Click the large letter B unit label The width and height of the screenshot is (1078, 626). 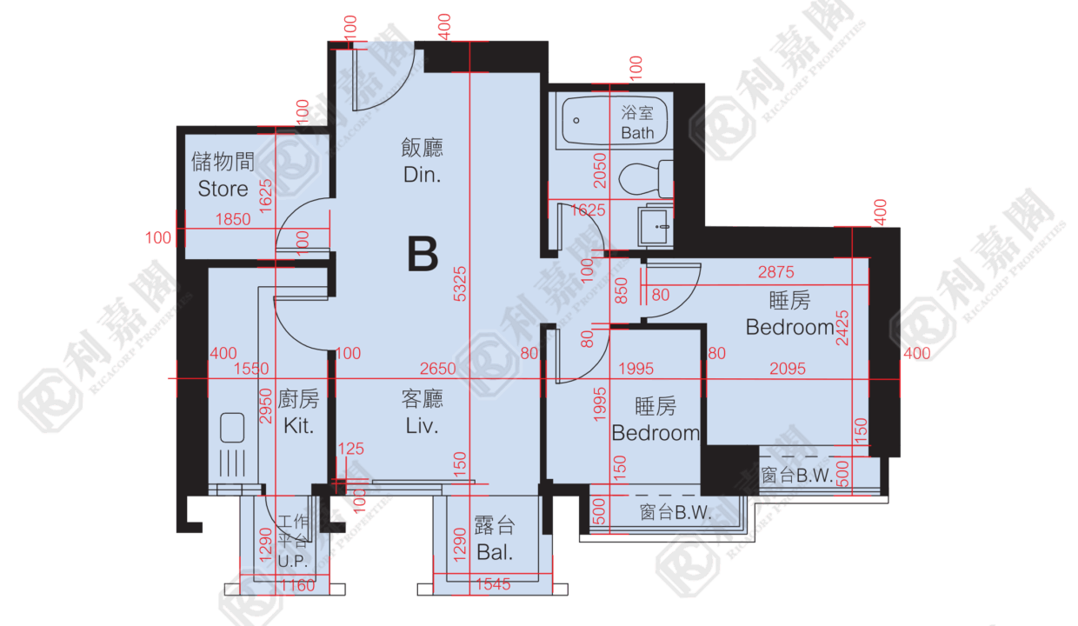pos(423,254)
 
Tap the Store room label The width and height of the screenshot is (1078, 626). pos(223,189)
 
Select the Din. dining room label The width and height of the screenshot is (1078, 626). pos(422,175)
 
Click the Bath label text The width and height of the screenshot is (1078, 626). pos(637,133)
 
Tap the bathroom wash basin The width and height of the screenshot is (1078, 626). pos(655,226)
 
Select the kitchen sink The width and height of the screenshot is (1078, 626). pos(232,427)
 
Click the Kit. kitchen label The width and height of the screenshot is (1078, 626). pos(298,426)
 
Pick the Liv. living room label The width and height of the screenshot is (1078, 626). pos(422,426)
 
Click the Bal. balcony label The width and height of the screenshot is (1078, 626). pos(495,552)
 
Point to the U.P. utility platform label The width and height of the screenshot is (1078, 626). pos(293,562)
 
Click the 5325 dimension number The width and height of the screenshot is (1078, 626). pos(460,284)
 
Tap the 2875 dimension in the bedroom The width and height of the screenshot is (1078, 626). pos(775,272)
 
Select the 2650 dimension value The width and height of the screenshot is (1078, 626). pos(437,369)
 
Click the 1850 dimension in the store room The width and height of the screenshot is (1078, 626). pos(233,219)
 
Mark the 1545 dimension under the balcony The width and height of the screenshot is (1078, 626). pos(493,584)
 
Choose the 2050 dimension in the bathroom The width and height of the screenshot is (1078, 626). pos(600,170)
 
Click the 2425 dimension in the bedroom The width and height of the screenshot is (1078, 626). pos(842,328)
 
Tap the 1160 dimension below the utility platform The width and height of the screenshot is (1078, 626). pos(297,585)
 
